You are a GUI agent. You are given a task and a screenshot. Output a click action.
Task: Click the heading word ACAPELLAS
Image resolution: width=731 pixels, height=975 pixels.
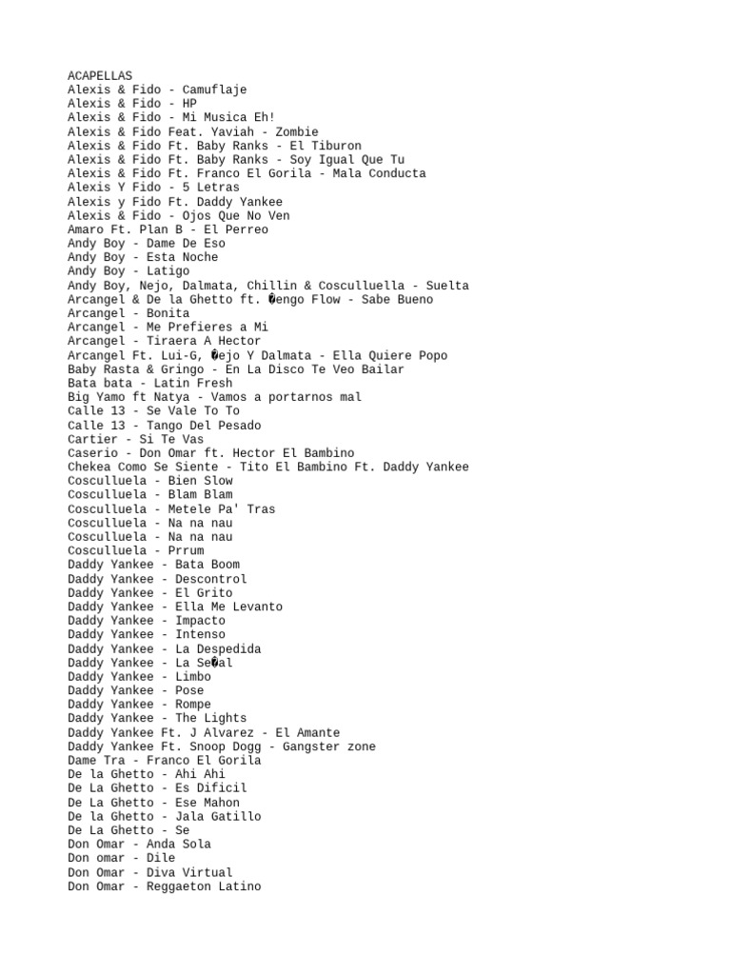tap(100, 76)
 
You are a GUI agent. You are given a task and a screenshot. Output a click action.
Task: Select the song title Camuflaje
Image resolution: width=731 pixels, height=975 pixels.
tap(214, 90)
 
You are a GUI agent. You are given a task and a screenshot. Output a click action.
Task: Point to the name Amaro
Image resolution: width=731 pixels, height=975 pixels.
tap(86, 229)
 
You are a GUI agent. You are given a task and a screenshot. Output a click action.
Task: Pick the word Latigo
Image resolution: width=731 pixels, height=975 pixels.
tap(168, 271)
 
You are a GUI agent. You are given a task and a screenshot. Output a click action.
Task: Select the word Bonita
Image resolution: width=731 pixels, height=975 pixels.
tap(168, 313)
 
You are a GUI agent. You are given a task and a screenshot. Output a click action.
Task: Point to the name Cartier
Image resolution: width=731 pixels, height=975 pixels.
tap(92, 439)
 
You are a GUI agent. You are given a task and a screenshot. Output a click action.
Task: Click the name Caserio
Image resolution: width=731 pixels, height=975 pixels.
tap(92, 453)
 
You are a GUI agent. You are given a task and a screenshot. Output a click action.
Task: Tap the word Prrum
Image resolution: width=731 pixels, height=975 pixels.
tap(186, 550)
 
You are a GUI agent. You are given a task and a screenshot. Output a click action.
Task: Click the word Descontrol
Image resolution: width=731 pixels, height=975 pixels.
tap(210, 579)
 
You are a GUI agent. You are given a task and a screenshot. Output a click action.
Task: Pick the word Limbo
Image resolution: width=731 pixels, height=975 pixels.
tap(193, 676)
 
